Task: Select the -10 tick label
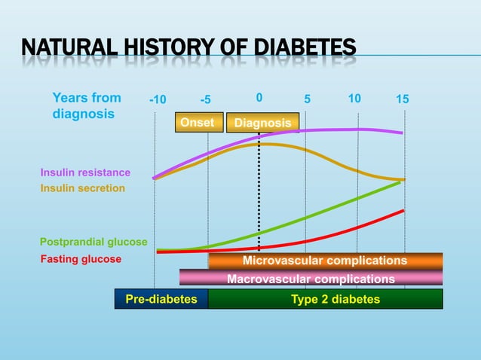tap(158, 100)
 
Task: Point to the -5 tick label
tap(206, 100)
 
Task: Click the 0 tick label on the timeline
tap(259, 98)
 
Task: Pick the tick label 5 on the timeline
tap(308, 99)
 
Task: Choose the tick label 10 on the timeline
tap(355, 99)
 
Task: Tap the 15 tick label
tap(403, 99)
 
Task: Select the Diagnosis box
tap(262, 123)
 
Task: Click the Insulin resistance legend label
tap(85, 172)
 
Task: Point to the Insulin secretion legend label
tap(83, 188)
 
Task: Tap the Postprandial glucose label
tap(93, 242)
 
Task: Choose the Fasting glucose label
tap(81, 259)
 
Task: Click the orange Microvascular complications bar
tap(325, 261)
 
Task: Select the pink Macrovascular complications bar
tap(311, 279)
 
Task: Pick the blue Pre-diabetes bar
tap(161, 299)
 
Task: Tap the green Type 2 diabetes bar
tap(325, 299)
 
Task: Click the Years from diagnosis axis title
tap(86, 106)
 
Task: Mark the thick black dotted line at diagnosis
tap(259, 196)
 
